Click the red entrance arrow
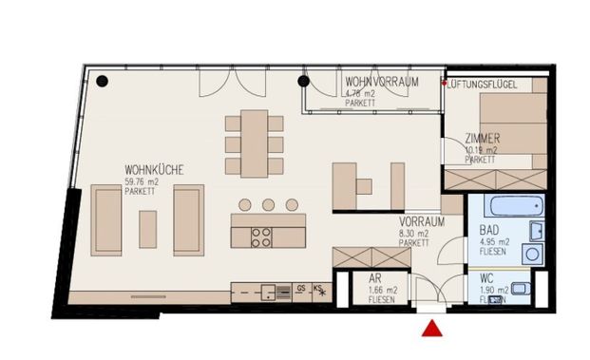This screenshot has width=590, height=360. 431,329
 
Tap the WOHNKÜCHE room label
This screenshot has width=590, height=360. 153,170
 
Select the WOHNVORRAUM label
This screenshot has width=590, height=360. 382,82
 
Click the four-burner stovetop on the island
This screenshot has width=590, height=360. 262,237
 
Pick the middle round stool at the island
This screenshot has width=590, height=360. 269,204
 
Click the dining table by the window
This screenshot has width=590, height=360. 255,142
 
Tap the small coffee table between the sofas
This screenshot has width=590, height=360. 147,228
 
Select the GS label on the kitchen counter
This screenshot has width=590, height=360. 300,288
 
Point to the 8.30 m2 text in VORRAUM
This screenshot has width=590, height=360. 415,232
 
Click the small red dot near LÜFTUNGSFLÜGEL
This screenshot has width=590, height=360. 443,84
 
